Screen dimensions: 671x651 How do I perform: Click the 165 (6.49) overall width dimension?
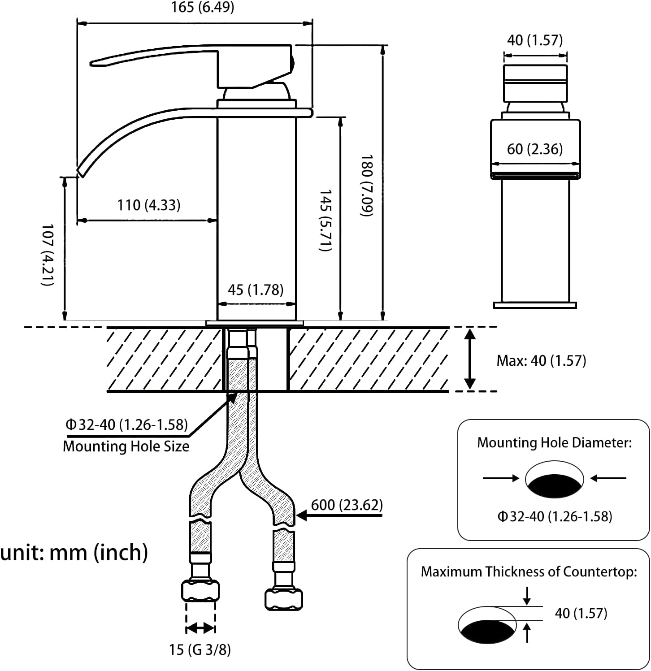click(203, 8)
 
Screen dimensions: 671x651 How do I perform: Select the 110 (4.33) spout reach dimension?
click(148, 205)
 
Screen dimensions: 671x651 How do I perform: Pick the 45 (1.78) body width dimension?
click(256, 290)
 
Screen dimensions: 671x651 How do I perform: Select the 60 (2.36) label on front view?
click(534, 149)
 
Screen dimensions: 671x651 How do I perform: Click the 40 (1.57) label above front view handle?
click(534, 40)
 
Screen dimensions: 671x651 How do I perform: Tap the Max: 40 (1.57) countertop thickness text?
click(541, 360)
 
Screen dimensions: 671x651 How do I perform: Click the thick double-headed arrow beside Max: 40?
click(469, 359)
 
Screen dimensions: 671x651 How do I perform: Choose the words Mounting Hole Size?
click(126, 446)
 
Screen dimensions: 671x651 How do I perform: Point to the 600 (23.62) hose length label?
click(347, 505)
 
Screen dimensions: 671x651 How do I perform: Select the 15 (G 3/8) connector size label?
click(200, 649)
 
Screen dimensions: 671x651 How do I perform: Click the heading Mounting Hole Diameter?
click(554, 443)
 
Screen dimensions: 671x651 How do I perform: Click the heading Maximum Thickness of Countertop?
click(529, 572)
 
